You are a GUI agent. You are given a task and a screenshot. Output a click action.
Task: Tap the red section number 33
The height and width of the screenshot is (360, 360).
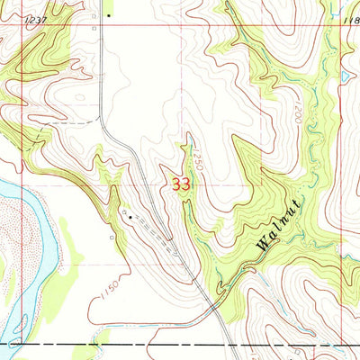181,184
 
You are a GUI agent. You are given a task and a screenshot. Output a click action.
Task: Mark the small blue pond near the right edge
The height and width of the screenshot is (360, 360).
346,77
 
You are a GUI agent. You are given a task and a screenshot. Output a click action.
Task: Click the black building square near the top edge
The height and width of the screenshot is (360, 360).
107,15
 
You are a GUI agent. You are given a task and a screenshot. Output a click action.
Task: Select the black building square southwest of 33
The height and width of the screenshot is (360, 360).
130,216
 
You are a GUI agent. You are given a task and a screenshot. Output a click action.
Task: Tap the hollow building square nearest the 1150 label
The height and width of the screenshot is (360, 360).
112,238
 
